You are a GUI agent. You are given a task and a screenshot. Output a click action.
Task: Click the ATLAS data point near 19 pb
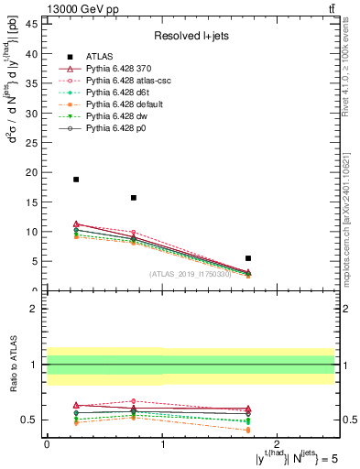coord(76,180)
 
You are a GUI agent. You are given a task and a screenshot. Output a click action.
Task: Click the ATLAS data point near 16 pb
coord(134,198)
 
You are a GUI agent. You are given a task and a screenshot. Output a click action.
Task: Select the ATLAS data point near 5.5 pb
coord(248,258)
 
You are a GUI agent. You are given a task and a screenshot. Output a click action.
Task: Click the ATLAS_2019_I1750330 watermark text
coord(191,274)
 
